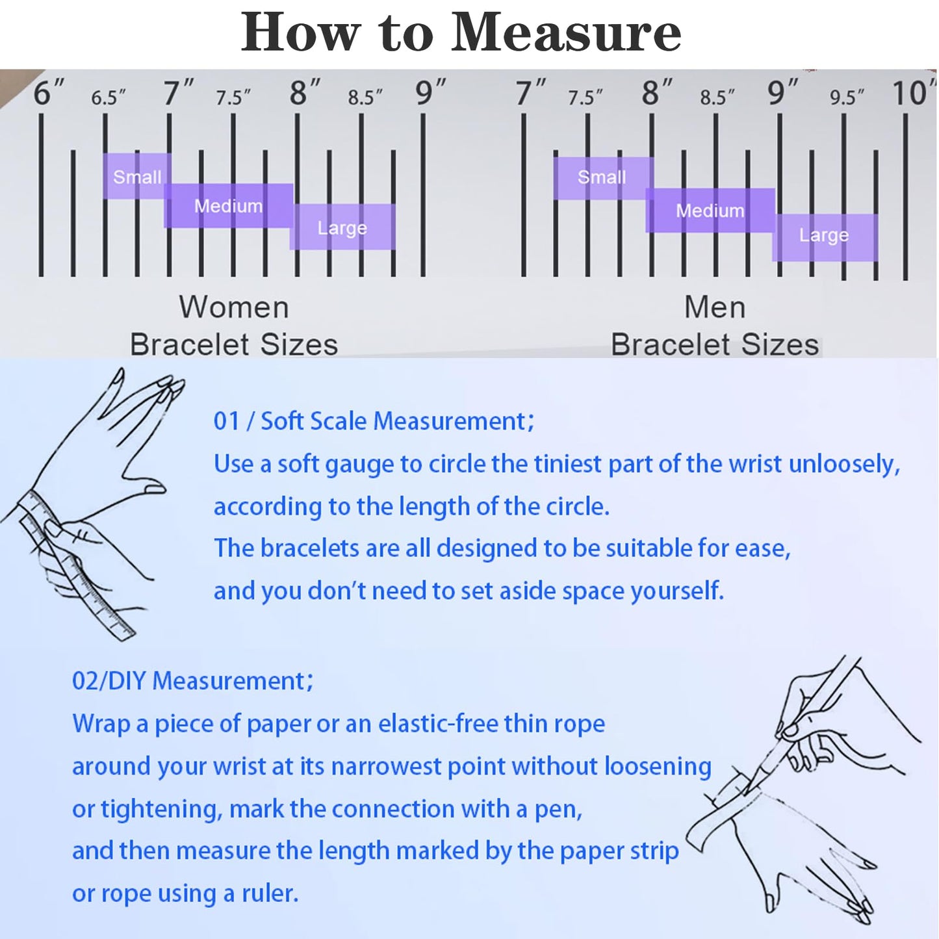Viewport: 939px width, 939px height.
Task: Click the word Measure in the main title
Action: coord(566,32)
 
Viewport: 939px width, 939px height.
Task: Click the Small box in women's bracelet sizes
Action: coord(137,176)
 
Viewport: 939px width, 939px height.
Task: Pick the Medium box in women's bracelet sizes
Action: coord(229,205)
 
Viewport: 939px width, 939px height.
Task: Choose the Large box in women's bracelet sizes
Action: coord(342,227)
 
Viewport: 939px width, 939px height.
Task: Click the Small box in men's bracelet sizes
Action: coord(603,178)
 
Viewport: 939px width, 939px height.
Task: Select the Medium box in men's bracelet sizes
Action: coord(710,210)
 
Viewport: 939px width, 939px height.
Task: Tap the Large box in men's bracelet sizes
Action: coord(825,237)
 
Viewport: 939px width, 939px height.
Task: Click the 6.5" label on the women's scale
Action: coord(108,97)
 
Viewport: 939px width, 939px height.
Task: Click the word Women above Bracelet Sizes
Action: coord(234,307)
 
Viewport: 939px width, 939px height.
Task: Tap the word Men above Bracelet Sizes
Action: coord(715,307)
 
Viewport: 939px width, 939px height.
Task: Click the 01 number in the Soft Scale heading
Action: coord(227,421)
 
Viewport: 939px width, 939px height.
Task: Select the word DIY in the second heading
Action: coord(127,681)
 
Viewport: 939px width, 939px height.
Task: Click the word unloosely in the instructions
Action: coord(844,465)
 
